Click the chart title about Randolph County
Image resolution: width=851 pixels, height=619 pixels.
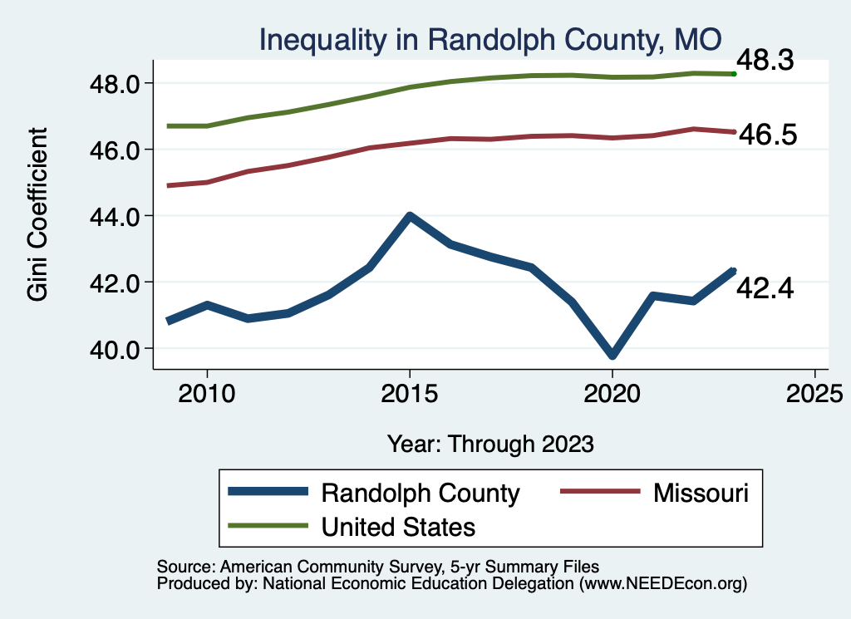click(489, 39)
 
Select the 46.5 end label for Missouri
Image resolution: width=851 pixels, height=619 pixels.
click(767, 135)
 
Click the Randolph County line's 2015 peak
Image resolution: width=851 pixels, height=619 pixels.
click(409, 216)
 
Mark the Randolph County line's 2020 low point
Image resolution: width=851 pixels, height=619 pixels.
click(612, 356)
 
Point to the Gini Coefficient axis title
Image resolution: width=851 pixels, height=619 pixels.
click(38, 214)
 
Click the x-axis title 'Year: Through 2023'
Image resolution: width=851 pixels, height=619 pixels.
click(490, 444)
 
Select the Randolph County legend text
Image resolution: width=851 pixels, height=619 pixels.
click(421, 493)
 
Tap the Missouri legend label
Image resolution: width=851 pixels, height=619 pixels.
click(701, 493)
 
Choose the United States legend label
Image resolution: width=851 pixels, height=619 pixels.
click(399, 526)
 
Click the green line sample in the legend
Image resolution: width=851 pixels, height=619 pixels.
click(268, 526)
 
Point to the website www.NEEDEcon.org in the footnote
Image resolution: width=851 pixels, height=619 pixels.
click(662, 584)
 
